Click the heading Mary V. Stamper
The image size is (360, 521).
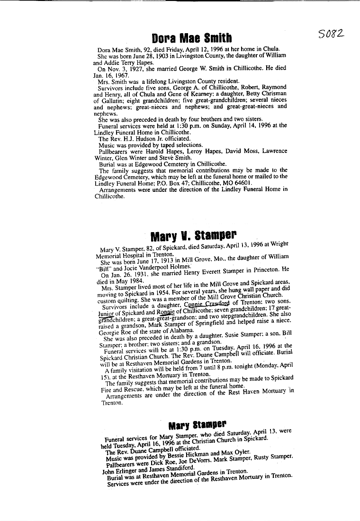coord(194,235)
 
